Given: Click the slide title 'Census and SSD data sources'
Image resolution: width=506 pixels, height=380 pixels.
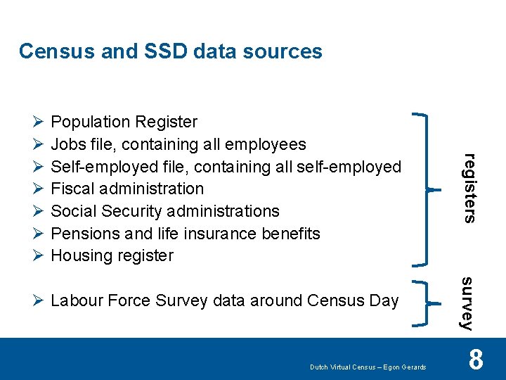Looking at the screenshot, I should (x=170, y=51).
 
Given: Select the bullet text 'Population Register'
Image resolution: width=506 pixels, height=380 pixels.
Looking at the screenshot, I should (x=124, y=122).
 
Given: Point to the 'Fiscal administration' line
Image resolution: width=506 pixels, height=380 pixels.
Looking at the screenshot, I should (x=127, y=189).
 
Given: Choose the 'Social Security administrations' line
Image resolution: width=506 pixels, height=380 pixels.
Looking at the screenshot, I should (x=165, y=211).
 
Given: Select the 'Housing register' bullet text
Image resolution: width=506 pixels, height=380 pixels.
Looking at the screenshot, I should (x=112, y=255).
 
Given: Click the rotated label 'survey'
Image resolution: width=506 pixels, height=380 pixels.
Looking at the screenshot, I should (x=467, y=303).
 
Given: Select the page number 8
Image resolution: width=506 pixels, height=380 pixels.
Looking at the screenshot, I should (x=476, y=360).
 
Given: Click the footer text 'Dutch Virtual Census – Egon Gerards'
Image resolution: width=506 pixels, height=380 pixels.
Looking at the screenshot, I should (x=368, y=367).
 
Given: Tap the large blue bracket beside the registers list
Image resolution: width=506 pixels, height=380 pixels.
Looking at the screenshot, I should (x=422, y=189).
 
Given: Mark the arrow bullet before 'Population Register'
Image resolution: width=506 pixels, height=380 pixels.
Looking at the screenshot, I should (x=39, y=122).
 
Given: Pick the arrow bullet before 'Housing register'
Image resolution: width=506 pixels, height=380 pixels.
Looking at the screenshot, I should (x=39, y=255).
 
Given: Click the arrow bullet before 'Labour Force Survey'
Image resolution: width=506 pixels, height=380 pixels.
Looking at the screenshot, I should (x=39, y=301).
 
